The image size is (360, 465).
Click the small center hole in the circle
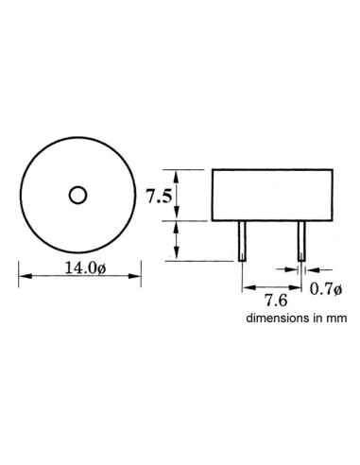pos(77,195)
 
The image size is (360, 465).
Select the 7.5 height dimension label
pos(159,197)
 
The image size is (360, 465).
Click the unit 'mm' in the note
pos(338,319)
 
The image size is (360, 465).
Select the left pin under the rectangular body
pos(243,241)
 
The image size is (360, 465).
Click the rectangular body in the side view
pos(272,196)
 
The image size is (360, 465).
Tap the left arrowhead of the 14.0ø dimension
pos(25,275)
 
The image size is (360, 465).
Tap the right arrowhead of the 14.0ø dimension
pos(129,275)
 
